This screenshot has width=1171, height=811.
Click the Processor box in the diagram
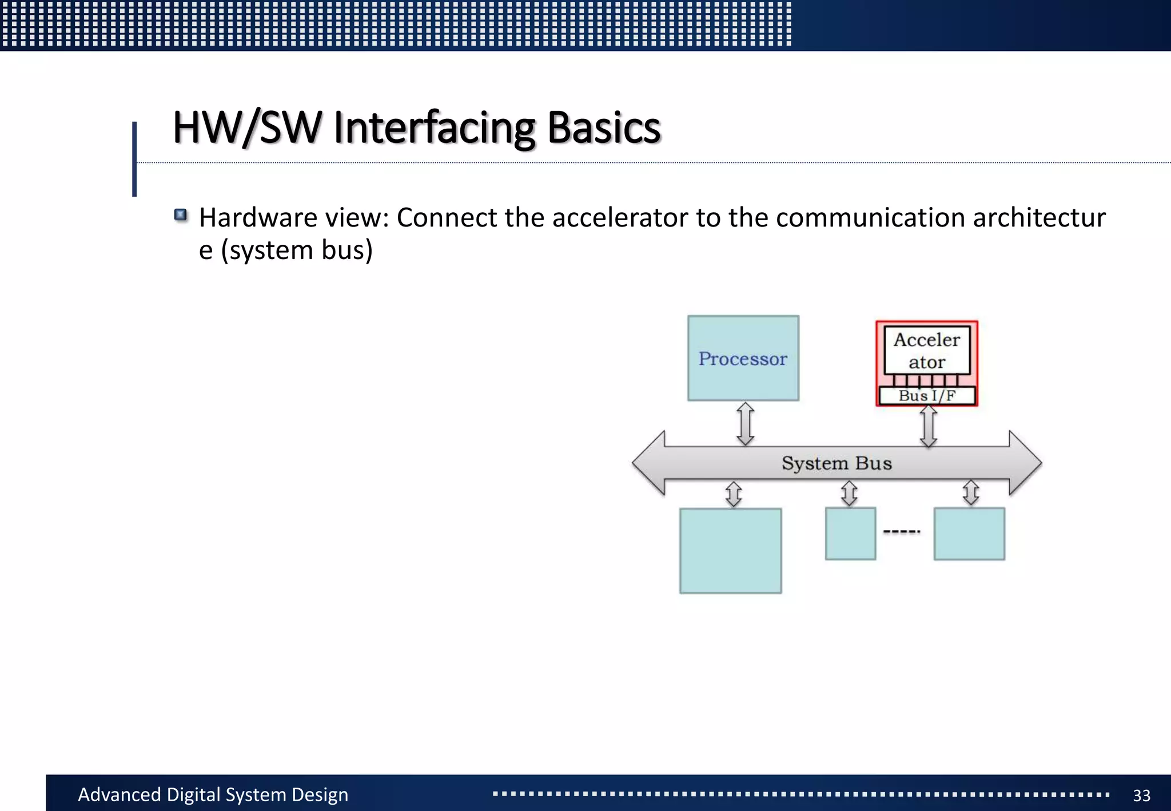point(743,358)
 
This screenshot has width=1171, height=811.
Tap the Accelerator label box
point(927,350)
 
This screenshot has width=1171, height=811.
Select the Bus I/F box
point(927,396)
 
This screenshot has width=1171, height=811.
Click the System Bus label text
point(837,463)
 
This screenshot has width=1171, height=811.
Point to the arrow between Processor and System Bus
point(745,424)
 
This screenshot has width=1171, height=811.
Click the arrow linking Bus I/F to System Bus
point(928,426)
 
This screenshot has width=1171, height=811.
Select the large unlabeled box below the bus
point(730,551)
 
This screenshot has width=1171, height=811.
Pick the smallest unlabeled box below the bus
point(850,534)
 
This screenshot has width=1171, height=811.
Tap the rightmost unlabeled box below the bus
point(969,534)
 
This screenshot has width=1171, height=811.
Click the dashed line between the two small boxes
point(902,532)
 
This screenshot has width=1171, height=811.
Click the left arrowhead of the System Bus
point(650,463)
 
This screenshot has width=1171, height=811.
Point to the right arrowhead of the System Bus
point(1025,463)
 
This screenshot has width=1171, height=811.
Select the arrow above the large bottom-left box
point(734,494)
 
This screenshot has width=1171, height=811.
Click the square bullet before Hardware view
point(181,215)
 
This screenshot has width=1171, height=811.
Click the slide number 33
point(1141,795)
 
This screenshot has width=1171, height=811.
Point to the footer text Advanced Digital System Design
point(213,794)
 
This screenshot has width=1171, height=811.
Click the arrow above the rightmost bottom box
point(971,492)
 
